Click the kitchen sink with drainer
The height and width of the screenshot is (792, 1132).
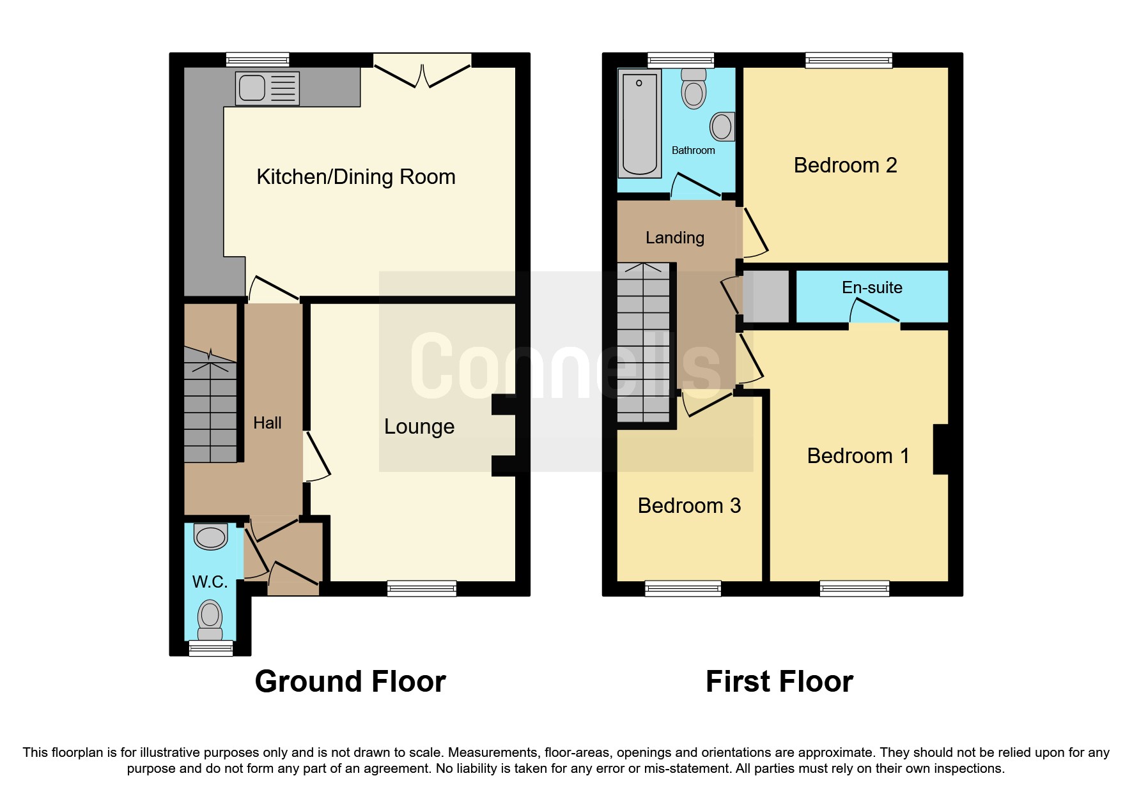(268, 88)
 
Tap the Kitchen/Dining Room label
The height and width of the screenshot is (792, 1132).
(355, 177)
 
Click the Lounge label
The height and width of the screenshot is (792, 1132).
(419, 427)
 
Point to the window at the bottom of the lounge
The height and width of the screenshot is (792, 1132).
(422, 588)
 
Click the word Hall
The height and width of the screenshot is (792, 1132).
(267, 423)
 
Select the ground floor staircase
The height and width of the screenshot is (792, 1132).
(210, 409)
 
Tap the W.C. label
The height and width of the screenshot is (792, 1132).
(210, 582)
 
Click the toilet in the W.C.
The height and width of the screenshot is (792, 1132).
(210, 620)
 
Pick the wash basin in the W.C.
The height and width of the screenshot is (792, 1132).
(211, 537)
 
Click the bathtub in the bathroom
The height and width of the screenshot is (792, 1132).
(639, 124)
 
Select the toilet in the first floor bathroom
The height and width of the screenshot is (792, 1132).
(694, 89)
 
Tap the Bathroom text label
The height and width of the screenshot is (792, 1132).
(693, 151)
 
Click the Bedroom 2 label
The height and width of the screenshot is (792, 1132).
(845, 165)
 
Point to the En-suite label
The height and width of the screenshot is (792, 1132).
(872, 287)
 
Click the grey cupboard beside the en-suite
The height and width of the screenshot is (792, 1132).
(766, 297)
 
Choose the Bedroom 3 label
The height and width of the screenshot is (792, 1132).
(689, 506)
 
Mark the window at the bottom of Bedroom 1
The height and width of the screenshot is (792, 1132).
(854, 588)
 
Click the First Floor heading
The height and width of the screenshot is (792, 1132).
(779, 682)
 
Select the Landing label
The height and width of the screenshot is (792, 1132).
(674, 238)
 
